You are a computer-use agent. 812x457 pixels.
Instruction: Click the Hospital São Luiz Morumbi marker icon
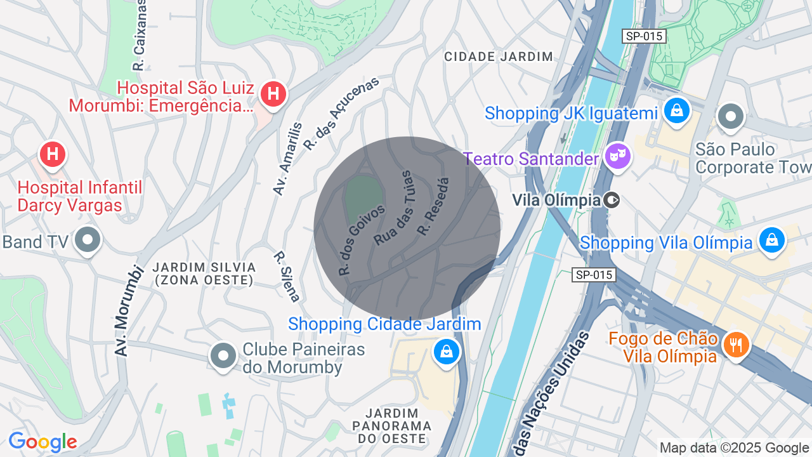(273, 95)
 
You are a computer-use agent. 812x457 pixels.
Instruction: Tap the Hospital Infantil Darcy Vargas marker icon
(53, 154)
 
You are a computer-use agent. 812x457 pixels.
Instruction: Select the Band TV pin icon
(88, 241)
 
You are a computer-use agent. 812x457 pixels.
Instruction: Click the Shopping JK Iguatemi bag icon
(677, 111)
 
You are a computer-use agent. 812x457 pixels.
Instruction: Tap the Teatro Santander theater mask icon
(617, 156)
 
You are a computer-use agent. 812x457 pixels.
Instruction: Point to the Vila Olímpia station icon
(612, 201)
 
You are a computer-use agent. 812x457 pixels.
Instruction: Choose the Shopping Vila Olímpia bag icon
(771, 240)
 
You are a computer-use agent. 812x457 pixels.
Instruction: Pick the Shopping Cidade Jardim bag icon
(446, 351)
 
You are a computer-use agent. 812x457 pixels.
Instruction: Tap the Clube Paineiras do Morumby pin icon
(223, 355)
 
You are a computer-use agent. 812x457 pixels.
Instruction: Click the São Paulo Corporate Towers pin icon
(731, 116)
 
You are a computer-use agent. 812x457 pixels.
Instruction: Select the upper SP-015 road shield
(644, 36)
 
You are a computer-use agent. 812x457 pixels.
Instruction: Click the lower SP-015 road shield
(594, 275)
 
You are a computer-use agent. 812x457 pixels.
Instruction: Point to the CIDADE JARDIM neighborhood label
(499, 56)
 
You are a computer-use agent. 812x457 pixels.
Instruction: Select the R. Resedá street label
(433, 207)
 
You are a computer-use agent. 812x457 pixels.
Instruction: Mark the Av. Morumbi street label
(126, 310)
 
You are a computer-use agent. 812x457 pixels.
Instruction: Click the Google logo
(43, 442)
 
